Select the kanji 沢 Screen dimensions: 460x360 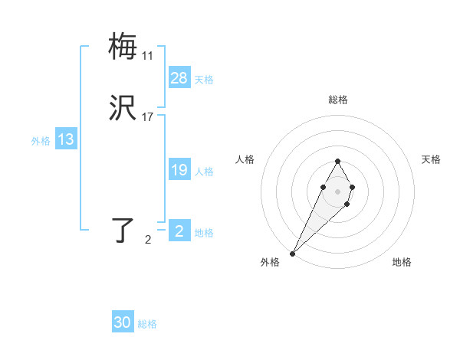coord(123,109)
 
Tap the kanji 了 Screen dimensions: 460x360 coord(123,230)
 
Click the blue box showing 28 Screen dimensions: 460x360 coord(179,78)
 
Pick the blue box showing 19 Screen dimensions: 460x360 coord(179,170)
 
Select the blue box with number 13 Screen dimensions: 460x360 coord(66,139)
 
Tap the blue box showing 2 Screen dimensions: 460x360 coord(179,231)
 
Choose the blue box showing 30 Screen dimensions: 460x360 coord(123,322)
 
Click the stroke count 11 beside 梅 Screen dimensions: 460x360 coord(147,56)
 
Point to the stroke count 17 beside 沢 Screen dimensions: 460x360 coord(147,117)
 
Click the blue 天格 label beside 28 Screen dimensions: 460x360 coord(204,80)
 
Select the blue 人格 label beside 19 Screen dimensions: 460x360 coord(204,172)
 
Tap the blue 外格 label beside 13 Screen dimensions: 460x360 coord(41,141)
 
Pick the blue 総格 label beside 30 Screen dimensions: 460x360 coord(147,324)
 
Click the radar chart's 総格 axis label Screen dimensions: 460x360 coord(337,100)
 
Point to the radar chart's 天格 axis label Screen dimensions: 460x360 coord(432,159)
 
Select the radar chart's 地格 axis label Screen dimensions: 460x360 coord(402,262)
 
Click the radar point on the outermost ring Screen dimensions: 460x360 coord(293,253)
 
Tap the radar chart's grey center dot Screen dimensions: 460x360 coord(337,190)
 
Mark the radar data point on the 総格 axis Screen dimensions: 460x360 coord(337,161)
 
